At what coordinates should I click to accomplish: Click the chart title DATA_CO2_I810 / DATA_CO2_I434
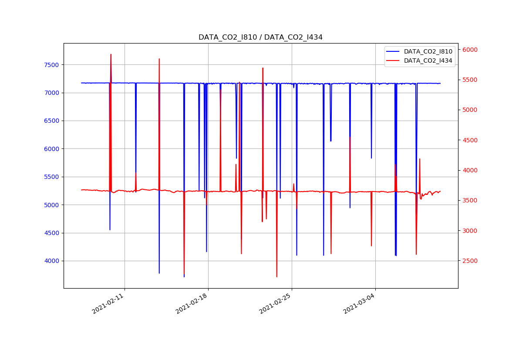click(260, 37)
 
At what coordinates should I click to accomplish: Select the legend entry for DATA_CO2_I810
click(428, 51)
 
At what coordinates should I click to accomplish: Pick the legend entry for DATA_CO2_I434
click(428, 61)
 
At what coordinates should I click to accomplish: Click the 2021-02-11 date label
click(108, 304)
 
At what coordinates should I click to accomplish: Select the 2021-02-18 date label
click(192, 304)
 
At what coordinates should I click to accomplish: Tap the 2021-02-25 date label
click(276, 304)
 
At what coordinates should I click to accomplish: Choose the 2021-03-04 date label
click(360, 304)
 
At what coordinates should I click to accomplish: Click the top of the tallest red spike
click(111, 54)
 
